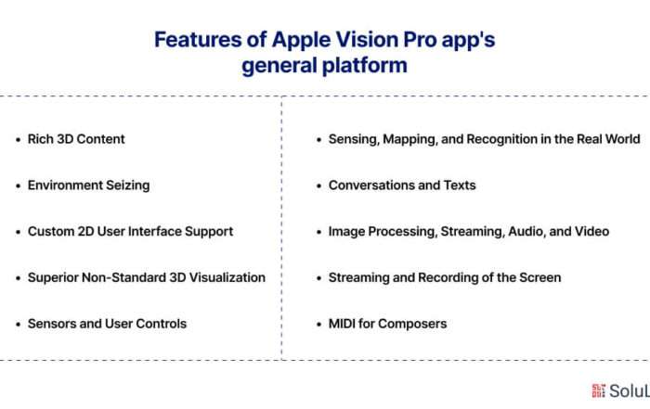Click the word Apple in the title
click(x=301, y=41)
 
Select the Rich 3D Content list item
click(x=76, y=139)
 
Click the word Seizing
click(x=128, y=185)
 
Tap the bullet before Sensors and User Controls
click(x=19, y=324)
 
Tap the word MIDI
click(x=342, y=324)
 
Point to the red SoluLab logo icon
click(x=599, y=390)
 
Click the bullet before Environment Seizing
click(x=19, y=185)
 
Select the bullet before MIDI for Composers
click(x=318, y=324)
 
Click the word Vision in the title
click(x=367, y=40)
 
